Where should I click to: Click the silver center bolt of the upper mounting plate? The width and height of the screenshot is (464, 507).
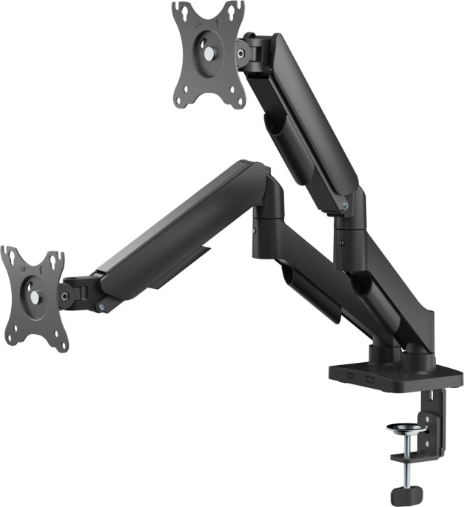[211, 53]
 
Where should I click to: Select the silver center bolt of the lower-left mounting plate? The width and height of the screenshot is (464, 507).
[34, 297]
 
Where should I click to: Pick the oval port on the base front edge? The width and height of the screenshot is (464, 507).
[349, 378]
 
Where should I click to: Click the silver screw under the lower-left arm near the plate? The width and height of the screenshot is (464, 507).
[101, 306]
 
